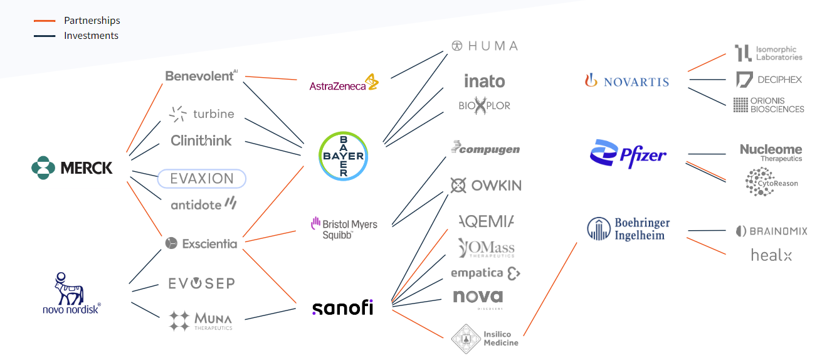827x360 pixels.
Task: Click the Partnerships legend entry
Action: pos(92,21)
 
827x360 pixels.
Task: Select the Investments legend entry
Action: pos(91,36)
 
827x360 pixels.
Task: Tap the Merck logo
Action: pos(72,168)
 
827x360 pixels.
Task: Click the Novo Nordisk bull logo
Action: pos(70,292)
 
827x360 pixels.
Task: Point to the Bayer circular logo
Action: pos(343,156)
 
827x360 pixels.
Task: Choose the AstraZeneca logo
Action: pos(344,84)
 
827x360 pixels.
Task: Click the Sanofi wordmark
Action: pos(342,308)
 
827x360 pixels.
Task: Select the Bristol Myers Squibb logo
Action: pos(344,228)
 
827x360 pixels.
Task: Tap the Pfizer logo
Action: pos(628,154)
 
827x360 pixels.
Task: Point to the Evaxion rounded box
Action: pos(201,179)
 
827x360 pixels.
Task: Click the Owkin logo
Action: pos(485,186)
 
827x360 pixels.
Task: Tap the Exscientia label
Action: pos(201,243)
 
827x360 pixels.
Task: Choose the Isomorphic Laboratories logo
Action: pos(768,53)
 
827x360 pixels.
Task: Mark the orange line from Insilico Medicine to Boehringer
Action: pos(550,289)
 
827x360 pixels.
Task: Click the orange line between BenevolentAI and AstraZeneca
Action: pos(271,78)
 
